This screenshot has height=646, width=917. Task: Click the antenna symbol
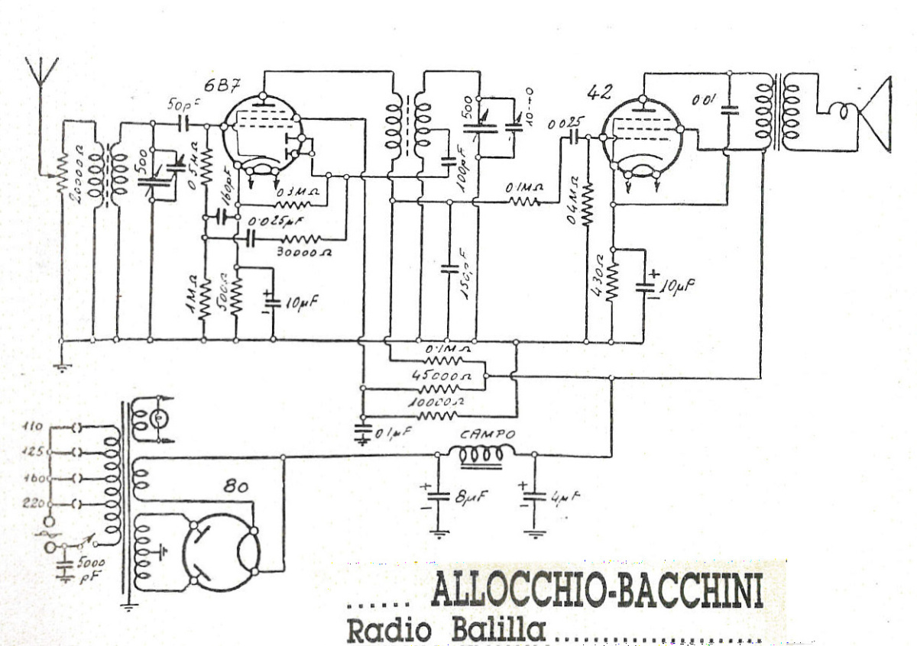point(41,70)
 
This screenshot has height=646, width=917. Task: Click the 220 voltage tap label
point(34,502)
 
